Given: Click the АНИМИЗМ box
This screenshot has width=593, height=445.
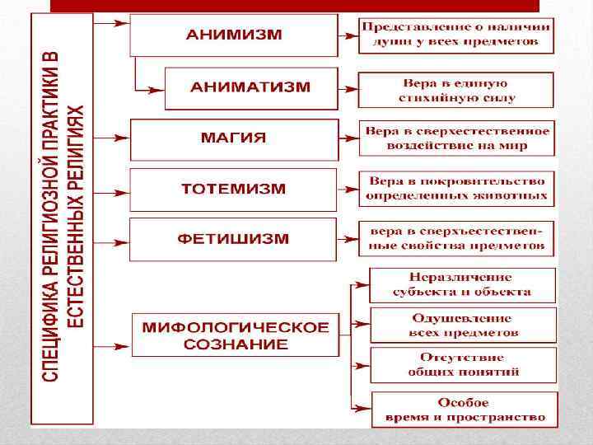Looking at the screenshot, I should click(234, 36).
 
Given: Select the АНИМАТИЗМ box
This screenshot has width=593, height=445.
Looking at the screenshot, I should click(250, 87).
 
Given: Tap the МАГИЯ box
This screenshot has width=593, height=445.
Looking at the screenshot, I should click(234, 138).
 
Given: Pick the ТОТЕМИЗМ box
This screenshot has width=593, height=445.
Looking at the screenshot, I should click(234, 190).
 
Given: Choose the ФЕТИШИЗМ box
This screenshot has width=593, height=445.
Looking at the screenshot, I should click(234, 240).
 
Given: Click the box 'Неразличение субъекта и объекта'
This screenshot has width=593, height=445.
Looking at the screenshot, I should click(462, 284).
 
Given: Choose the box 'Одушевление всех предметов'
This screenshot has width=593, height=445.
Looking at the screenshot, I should click(463, 326).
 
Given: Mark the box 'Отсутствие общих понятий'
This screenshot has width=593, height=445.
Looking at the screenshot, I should click(463, 365).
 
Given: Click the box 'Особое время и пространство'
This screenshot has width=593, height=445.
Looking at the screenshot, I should click(463, 410).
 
